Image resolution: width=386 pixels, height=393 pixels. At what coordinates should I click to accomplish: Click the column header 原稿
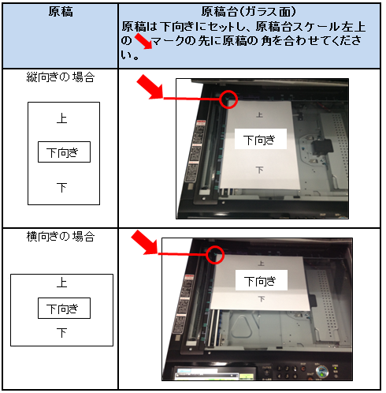pyautogui.click(x=61, y=12)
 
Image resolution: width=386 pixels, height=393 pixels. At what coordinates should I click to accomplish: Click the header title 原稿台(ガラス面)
pyautogui.click(x=248, y=12)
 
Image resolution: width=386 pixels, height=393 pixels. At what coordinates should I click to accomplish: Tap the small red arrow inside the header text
pyautogui.click(x=143, y=41)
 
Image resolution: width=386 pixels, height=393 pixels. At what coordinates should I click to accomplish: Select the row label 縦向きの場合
pyautogui.click(x=61, y=77)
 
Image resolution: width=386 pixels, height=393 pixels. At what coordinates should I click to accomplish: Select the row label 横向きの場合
pyautogui.click(x=61, y=237)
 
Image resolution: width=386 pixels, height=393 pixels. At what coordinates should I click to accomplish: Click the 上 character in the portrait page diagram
pyautogui.click(x=62, y=118)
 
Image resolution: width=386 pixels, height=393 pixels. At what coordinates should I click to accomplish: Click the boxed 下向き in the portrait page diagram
pyautogui.click(x=64, y=152)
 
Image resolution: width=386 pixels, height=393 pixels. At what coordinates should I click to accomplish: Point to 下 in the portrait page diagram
pyautogui.click(x=62, y=188)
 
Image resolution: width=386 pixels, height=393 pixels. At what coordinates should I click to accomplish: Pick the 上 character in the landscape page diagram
pyautogui.click(x=62, y=283)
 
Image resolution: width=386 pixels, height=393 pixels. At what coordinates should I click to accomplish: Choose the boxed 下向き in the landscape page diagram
pyautogui.click(x=64, y=309)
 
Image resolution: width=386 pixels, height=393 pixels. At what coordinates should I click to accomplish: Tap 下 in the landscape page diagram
pyautogui.click(x=62, y=333)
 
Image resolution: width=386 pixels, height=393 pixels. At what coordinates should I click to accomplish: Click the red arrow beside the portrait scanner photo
pyautogui.click(x=150, y=87)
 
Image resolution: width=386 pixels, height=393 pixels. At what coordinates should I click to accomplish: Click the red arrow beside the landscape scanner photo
pyautogui.click(x=145, y=242)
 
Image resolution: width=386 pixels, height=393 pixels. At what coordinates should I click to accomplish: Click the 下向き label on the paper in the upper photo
pyautogui.click(x=260, y=139)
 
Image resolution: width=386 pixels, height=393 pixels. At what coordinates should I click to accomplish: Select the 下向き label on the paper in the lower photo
pyautogui.click(x=261, y=280)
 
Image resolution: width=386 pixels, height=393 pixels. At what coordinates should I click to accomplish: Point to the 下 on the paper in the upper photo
pyautogui.click(x=259, y=170)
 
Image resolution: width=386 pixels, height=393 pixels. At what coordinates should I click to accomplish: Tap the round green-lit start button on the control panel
pyautogui.click(x=321, y=372)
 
